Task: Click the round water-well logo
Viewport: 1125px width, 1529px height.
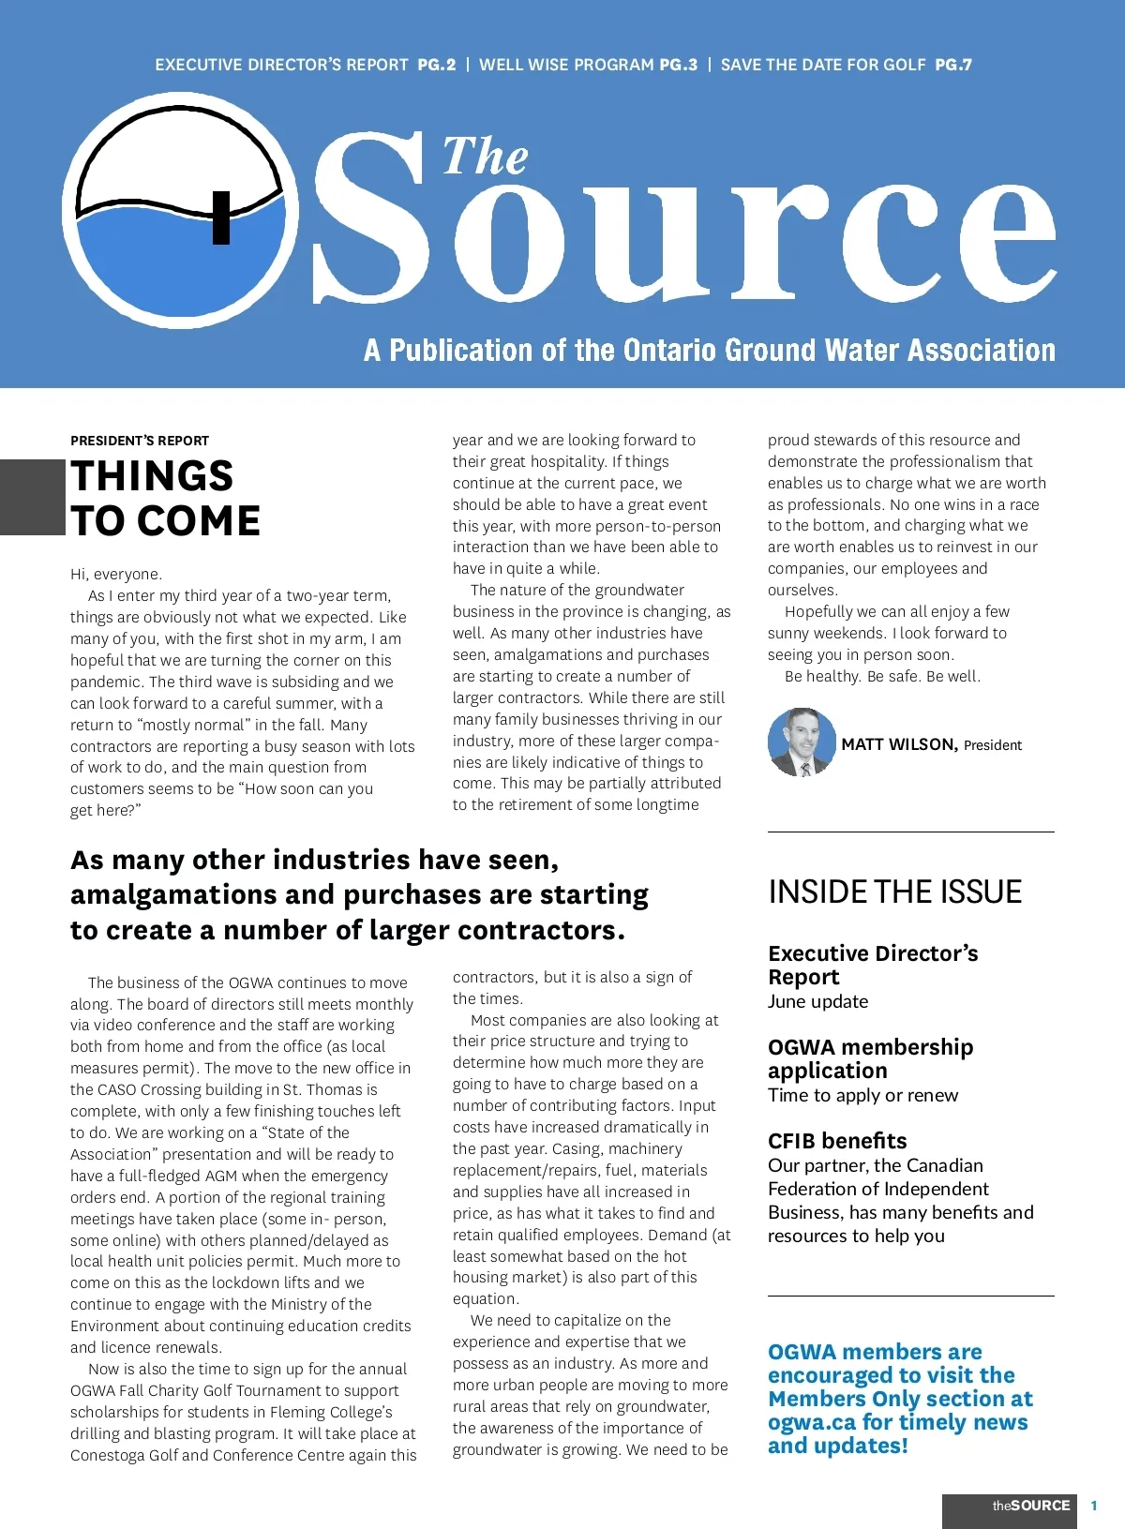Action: [x=180, y=210]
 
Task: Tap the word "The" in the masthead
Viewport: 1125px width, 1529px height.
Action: [x=485, y=157]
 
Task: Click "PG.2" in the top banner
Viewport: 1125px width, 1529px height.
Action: [x=437, y=65]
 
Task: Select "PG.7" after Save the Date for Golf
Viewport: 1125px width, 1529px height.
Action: [x=953, y=65]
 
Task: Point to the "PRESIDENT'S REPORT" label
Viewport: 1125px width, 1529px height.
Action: [x=140, y=441]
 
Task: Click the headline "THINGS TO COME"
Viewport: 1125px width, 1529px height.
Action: [x=165, y=499]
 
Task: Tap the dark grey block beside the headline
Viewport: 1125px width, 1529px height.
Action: [x=32, y=497]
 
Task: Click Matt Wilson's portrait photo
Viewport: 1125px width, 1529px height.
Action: [x=801, y=742]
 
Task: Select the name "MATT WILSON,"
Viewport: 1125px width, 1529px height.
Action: [x=899, y=744]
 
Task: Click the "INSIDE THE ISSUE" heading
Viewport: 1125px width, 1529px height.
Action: [x=894, y=892]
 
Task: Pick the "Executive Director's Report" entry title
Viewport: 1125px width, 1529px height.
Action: [x=872, y=965]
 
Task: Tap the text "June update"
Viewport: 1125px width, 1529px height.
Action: [x=817, y=1001]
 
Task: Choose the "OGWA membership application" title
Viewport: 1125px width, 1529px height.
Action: [x=870, y=1058]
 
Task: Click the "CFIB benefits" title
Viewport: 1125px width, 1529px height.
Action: [x=837, y=1141]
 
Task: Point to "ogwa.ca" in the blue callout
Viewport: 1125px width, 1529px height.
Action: [x=811, y=1422]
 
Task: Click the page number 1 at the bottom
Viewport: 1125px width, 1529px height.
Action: [x=1093, y=1506]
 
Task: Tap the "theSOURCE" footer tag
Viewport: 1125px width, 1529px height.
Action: [x=1030, y=1506]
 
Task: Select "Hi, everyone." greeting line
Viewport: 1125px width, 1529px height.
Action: [x=116, y=574]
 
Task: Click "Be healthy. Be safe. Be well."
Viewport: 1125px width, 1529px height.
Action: [x=882, y=676]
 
